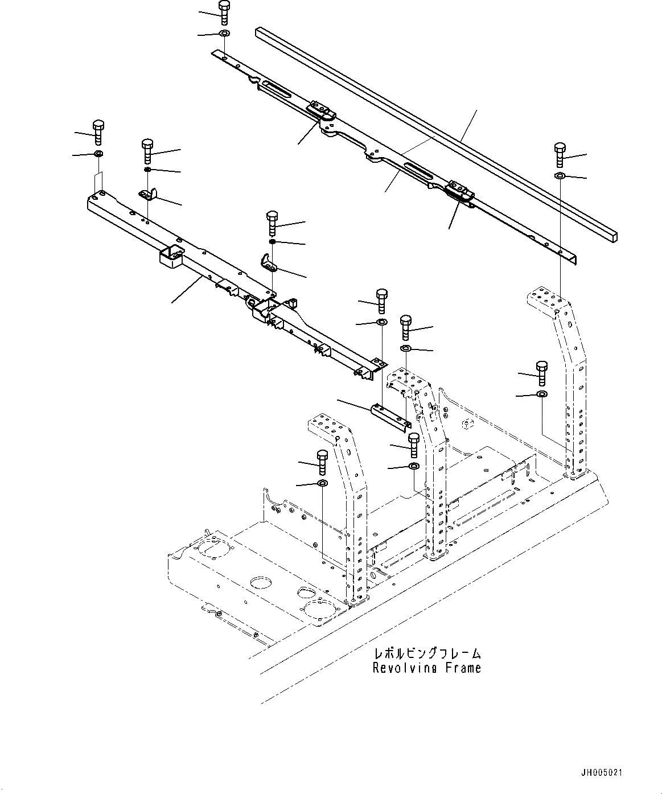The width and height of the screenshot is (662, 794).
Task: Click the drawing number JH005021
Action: [x=602, y=773]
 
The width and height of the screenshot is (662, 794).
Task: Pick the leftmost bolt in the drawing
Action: [x=98, y=133]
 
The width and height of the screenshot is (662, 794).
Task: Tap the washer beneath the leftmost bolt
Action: [x=98, y=154]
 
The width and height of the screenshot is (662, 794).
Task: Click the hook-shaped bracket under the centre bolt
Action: [x=268, y=262]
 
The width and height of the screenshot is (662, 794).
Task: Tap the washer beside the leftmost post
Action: [x=322, y=484]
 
